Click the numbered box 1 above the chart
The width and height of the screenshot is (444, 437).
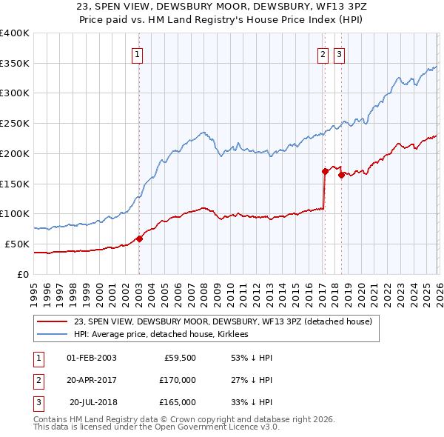[138, 53]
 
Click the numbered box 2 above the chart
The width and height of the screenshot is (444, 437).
[323, 53]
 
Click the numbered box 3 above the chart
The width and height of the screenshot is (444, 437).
[340, 53]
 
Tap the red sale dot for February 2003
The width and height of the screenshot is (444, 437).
[139, 238]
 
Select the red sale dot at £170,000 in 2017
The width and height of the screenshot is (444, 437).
[325, 171]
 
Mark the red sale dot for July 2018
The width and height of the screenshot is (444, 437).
[341, 175]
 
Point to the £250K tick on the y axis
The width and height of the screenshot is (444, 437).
[15, 124]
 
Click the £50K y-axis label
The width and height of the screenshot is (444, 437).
[17, 244]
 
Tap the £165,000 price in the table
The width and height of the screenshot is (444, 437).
[178, 402]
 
